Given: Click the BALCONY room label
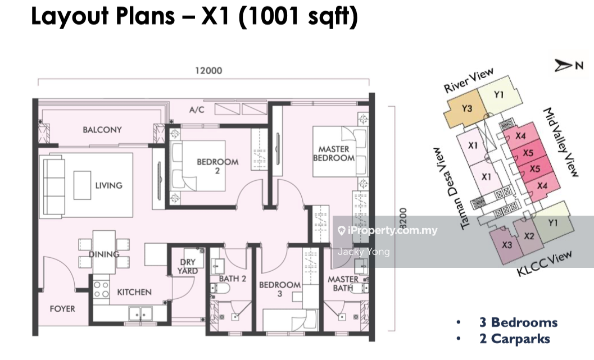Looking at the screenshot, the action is click(x=102, y=130).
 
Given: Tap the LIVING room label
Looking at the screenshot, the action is click(x=108, y=185).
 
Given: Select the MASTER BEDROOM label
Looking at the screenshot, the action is click(x=334, y=154).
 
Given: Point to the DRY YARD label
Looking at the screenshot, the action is click(x=188, y=267).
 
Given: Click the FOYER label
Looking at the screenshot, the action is click(x=62, y=309).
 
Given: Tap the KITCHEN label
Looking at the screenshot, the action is click(x=134, y=292).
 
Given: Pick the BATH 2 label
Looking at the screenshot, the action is click(x=232, y=279).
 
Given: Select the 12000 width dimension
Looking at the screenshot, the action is click(x=208, y=71).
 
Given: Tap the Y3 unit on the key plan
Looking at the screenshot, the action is click(x=466, y=111).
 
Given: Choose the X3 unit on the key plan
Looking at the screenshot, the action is click(x=506, y=245).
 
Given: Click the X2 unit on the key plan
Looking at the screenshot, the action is click(x=528, y=236).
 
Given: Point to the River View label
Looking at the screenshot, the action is click(x=469, y=80).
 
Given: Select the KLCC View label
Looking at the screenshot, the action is click(x=545, y=263).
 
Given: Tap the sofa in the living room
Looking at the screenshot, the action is click(x=53, y=185).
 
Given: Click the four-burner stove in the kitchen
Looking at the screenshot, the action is click(x=101, y=289).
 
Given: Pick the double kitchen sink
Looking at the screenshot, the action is click(x=140, y=314).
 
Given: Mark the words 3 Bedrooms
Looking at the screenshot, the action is click(x=518, y=322).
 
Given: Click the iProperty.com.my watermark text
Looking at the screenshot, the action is click(x=392, y=230).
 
